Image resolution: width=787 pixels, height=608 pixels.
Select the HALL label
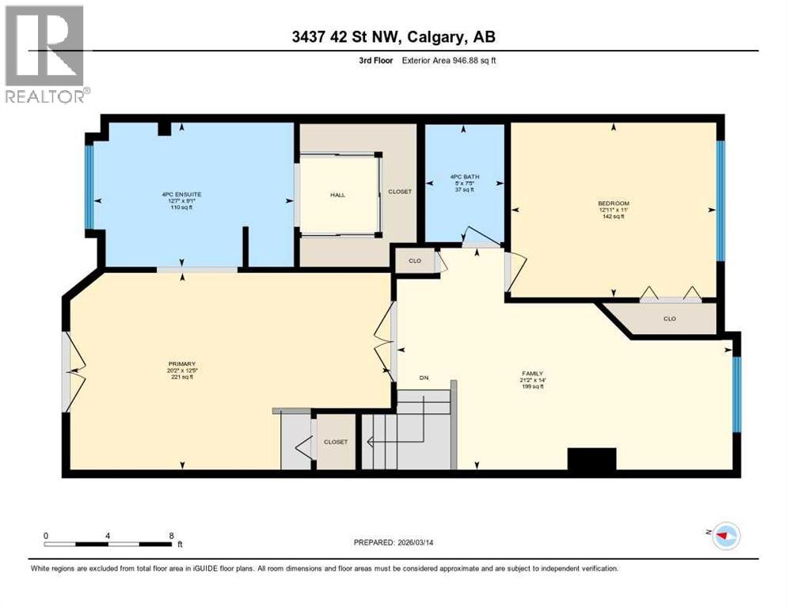click(x=338, y=195)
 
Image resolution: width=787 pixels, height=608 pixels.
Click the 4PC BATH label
click(x=463, y=177)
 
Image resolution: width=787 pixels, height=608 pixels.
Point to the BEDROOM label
click(x=613, y=203)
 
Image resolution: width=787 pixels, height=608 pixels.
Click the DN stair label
click(x=424, y=378)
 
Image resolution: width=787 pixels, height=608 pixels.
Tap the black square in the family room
click(x=591, y=461)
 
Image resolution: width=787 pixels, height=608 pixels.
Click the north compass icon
click(x=724, y=536)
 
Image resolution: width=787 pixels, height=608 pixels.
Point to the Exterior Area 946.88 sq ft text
click(x=448, y=60)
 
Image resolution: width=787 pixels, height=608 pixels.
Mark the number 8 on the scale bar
click(x=171, y=535)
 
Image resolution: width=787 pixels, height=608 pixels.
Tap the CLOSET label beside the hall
click(x=399, y=192)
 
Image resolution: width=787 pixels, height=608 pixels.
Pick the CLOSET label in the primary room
click(x=335, y=442)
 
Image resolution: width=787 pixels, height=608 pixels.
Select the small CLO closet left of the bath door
click(x=415, y=260)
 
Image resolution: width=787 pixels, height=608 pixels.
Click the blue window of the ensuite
click(x=89, y=187)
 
